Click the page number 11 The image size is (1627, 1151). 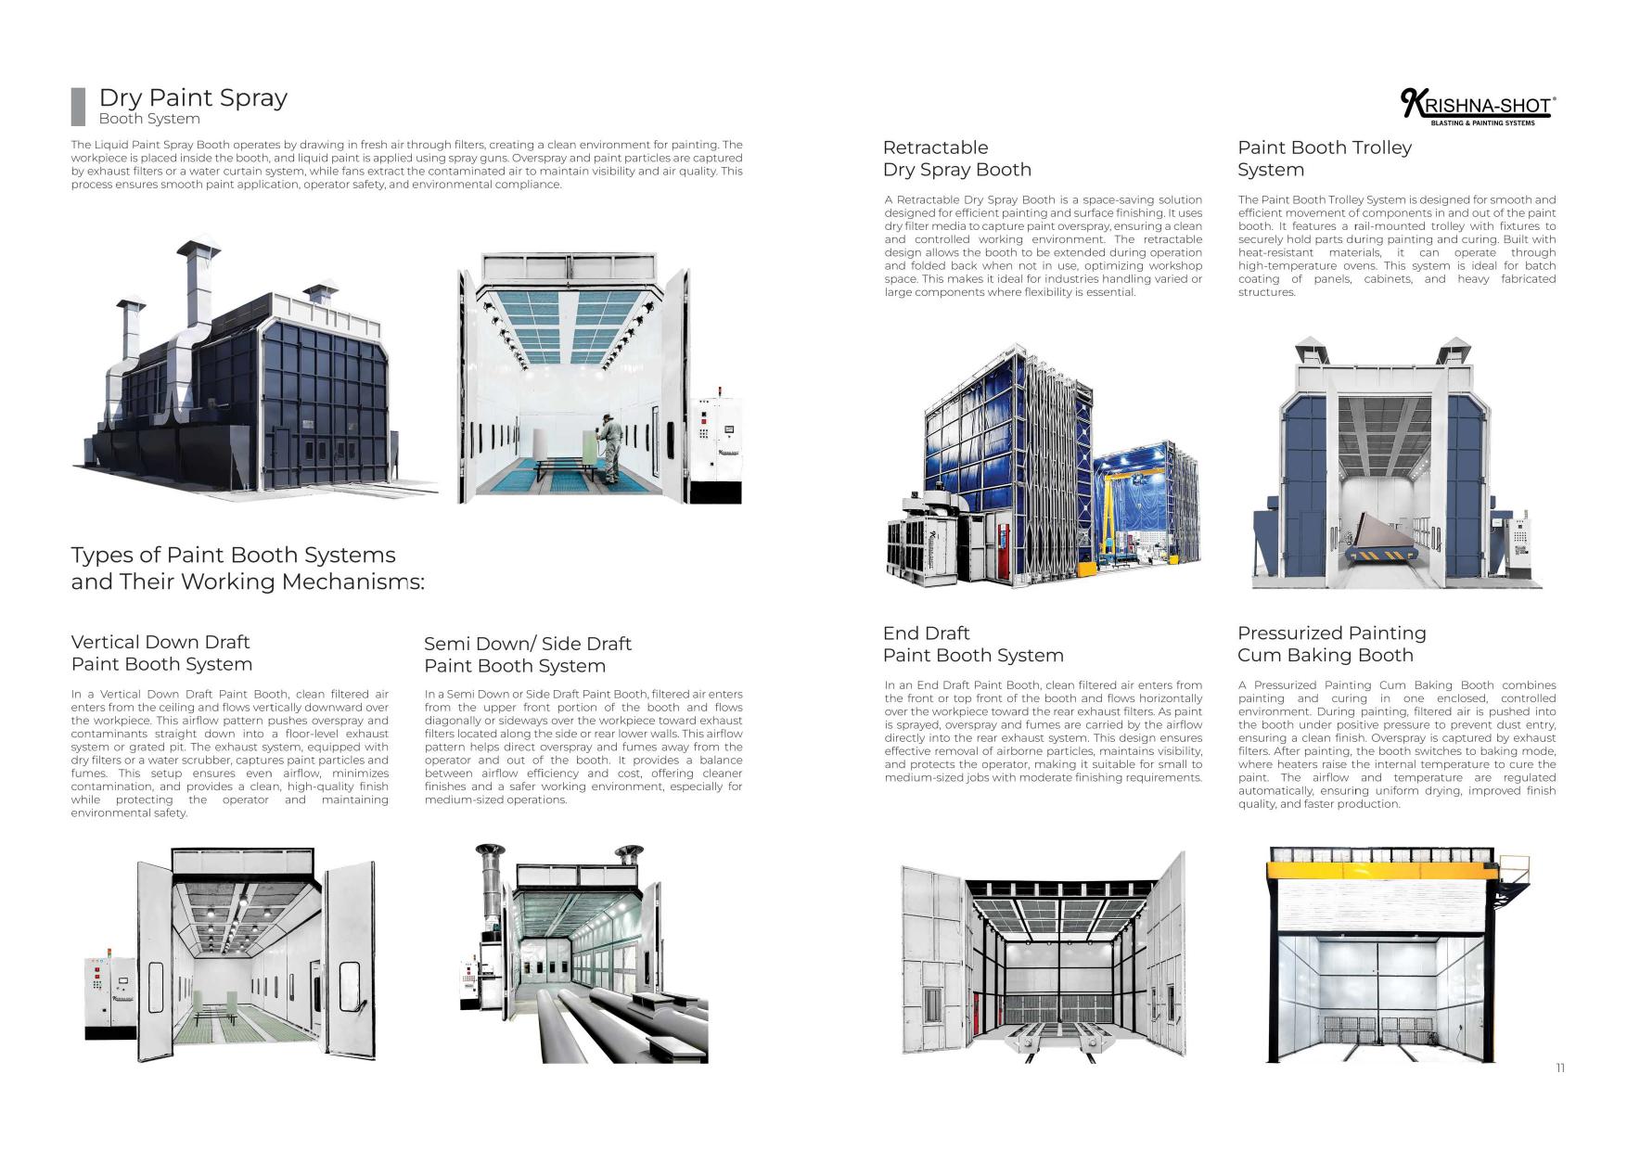click(1560, 1068)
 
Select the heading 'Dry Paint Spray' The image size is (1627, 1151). click(193, 97)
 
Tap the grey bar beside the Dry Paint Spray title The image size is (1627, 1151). click(78, 107)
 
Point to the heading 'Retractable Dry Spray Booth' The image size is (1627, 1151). click(956, 159)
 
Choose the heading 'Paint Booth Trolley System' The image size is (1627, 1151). click(1324, 159)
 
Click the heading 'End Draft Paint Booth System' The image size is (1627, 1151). click(972, 644)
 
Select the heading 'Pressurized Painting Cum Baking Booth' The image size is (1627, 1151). click(1331, 644)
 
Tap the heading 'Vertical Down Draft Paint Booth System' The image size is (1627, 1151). click(161, 653)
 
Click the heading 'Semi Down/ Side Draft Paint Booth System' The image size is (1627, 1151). click(527, 655)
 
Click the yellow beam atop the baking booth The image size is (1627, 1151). click(1382, 874)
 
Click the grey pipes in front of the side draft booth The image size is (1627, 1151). click(631, 1025)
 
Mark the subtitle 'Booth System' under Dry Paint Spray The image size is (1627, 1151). click(149, 119)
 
